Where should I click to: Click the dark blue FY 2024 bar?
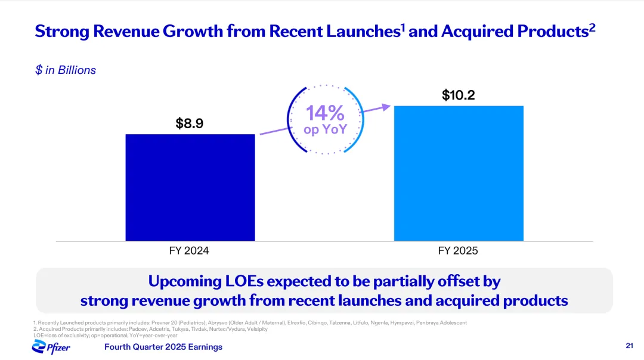coord(190,187)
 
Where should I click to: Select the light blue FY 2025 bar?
coord(459,173)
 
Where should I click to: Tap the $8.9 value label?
coord(190,123)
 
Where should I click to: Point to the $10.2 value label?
coord(458,95)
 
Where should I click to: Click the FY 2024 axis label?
coord(189,251)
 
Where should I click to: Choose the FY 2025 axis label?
coord(458,251)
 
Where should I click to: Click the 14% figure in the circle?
coord(325,113)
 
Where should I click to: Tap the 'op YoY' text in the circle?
coord(325,129)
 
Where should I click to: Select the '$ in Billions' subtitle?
coord(66,70)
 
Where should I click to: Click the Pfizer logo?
coord(51,346)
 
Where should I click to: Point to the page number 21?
coord(629,346)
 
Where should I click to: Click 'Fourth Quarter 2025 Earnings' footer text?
coord(163,347)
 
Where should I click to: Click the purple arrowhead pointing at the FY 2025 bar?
coord(386,107)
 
